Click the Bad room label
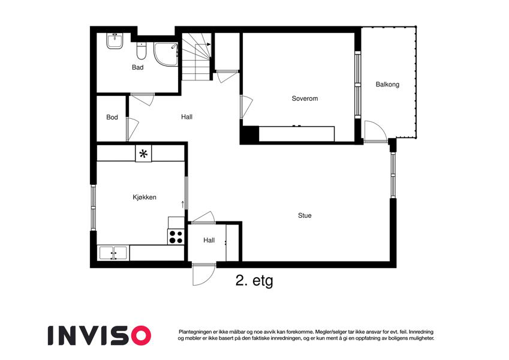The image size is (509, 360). pos(138,67)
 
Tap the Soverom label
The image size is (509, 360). pos(305,98)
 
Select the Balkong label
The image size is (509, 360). pos(387,85)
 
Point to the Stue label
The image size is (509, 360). pos(305,215)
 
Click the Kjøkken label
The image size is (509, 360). pos(144,197)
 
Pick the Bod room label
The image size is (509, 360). pos(112,117)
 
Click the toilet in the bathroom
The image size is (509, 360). pos(141,51)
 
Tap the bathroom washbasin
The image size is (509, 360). pos(115,41)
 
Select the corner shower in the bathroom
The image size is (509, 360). pos(165,54)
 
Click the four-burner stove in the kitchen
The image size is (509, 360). pos(176,237)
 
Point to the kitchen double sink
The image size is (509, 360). pos(113,253)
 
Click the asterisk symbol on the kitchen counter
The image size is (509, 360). pos(143,154)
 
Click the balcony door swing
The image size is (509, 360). pos(375,131)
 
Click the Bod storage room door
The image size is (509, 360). pos(132,129)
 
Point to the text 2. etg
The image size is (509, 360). pos(254,281)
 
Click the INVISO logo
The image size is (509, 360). pos(100,335)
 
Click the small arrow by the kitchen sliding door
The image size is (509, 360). pos(183,205)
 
